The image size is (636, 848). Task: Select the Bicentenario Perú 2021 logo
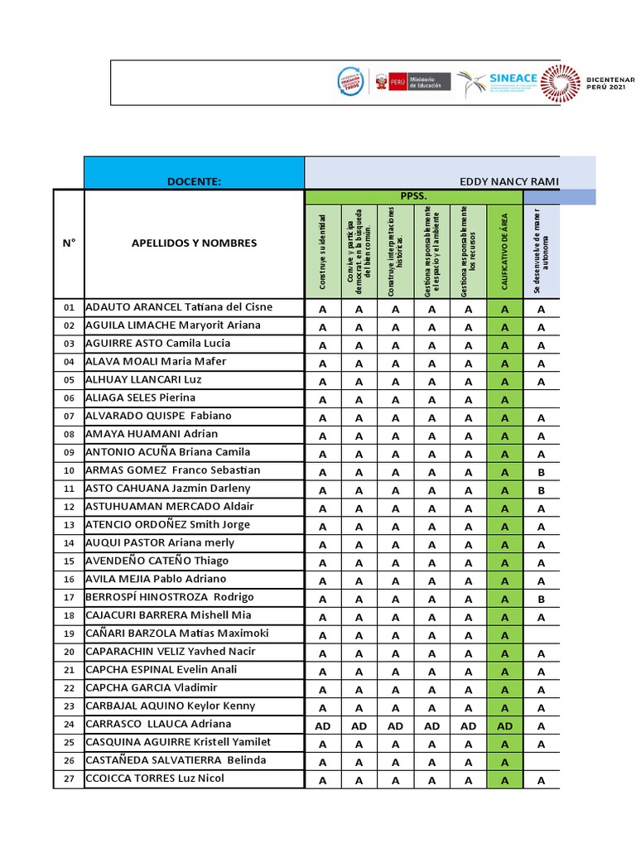588,83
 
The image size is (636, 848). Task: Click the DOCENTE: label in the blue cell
194,181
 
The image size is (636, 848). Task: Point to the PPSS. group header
414,196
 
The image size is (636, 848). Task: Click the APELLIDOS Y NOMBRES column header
194,243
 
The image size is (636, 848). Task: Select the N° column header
69,243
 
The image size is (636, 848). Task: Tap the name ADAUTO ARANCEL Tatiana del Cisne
179,307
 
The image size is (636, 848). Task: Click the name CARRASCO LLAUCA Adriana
160,724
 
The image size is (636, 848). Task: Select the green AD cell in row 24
504,725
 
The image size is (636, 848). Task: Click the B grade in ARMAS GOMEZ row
541,472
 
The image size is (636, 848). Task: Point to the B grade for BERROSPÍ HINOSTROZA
541,599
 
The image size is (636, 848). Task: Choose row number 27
69,779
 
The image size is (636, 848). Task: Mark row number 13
69,525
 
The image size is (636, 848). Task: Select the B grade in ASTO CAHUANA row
541,490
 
